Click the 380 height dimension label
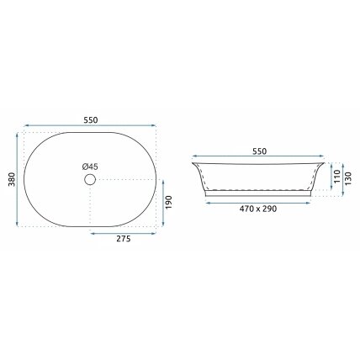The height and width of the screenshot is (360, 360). pos(12,179)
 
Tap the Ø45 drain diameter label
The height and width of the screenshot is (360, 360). pos(90,167)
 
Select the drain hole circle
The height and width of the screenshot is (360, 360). pos(90,179)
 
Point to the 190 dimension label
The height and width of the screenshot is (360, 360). pos(168,203)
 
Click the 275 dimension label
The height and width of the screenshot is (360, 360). pos(124,239)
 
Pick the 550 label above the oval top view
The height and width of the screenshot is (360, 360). pos(91,120)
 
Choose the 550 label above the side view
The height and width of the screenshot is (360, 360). pos(260,151)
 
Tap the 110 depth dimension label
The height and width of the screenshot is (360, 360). pos(337,176)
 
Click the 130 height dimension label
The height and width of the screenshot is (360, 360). pos(348,178)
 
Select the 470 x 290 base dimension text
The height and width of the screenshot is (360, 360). pos(258,209)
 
